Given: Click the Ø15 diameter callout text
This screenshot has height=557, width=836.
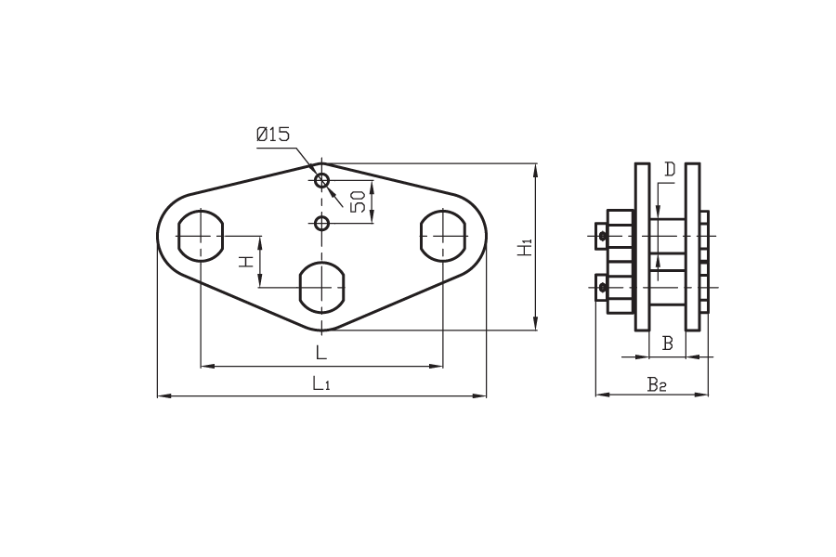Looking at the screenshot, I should click(272, 136).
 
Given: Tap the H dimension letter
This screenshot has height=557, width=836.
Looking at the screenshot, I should click(247, 261).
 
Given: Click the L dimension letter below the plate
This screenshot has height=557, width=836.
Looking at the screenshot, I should click(320, 353).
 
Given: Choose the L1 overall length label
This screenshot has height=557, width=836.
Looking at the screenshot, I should click(320, 382).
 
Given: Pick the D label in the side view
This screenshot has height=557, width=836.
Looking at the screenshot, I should click(671, 171).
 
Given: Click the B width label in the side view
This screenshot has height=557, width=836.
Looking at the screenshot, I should click(666, 343).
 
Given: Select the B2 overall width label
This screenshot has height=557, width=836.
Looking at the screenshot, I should click(656, 382).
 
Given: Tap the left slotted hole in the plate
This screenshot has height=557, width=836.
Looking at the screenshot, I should click(200, 238).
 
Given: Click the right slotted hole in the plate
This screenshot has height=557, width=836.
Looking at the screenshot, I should click(443, 238).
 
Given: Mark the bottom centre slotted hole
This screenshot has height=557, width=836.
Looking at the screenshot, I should click(321, 287).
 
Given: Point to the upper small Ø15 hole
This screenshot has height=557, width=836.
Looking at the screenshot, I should click(321, 179).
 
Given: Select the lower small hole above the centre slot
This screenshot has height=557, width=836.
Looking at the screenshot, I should click(321, 223).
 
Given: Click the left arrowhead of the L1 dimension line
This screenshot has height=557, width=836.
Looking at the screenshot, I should click(163, 396).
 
